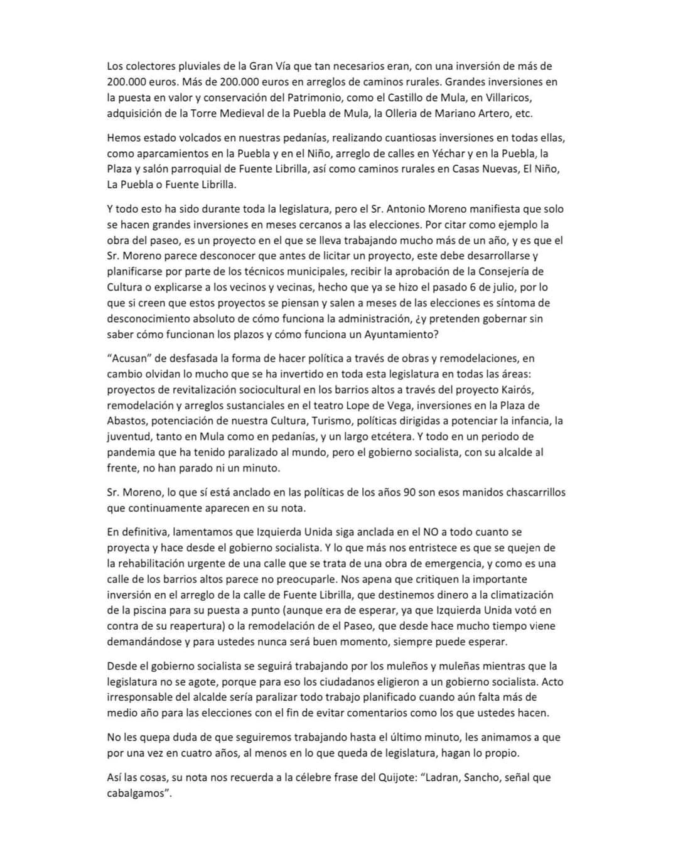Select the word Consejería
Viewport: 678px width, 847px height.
pos(512,271)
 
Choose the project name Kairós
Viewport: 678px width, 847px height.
pos(515,390)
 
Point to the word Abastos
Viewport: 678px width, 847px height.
pos(126,421)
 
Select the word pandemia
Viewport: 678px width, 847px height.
pos(134,452)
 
